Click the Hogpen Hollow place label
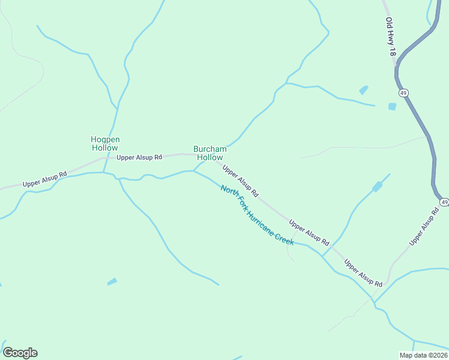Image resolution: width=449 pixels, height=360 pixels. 105,143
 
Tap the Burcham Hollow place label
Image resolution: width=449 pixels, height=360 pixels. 209,153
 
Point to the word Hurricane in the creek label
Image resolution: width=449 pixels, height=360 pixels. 259,221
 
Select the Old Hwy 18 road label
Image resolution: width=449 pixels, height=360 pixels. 391,37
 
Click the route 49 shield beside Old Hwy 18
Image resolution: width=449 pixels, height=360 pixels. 403,92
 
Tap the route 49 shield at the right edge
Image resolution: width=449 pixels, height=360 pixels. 444,202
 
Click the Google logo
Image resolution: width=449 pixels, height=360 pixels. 20,353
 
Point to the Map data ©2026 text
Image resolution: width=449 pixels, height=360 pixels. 423,355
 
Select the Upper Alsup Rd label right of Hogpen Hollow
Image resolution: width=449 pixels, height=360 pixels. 139,157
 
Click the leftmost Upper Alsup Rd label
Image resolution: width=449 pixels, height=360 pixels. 44,179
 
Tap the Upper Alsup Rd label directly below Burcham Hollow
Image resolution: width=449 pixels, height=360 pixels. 240,181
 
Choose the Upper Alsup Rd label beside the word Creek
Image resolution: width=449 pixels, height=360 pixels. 309,233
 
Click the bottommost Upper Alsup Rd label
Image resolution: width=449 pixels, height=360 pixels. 363,272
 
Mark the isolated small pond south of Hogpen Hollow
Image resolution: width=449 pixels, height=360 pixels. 112,281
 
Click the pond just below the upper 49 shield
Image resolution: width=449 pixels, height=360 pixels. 392,107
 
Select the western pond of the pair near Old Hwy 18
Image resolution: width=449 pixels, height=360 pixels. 364,90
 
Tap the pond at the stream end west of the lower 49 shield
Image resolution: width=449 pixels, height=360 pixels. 377,187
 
